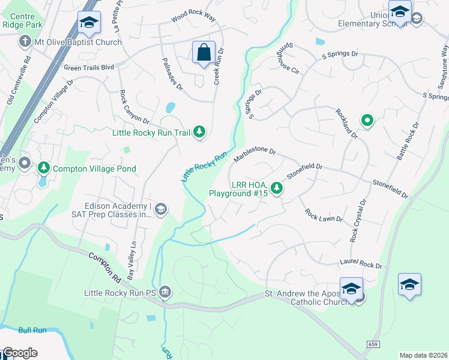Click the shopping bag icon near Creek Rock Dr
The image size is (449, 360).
point(203,52)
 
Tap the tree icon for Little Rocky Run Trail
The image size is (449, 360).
point(199,132)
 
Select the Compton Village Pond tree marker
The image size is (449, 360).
point(43,169)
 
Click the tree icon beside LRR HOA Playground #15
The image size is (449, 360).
point(276,188)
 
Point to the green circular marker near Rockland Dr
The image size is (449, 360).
point(367,121)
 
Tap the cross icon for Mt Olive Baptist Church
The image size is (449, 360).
point(25,42)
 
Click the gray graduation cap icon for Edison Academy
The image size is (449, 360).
point(160,209)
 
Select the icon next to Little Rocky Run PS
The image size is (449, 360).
point(166,293)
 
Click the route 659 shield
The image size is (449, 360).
point(372,343)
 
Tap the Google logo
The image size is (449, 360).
point(19,353)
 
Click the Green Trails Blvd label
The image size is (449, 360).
point(89,68)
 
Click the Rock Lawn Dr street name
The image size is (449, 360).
point(323,215)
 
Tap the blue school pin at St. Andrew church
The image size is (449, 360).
point(351,288)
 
